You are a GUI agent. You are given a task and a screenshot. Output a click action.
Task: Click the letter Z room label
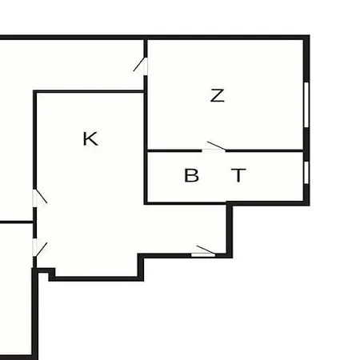coord(218,96)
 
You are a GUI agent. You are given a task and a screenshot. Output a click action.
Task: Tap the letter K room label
coord(90,138)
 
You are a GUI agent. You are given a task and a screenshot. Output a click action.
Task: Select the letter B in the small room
coord(191,175)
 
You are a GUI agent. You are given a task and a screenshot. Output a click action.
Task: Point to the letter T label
coord(238,175)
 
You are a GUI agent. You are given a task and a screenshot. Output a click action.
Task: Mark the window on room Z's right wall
coord(306,105)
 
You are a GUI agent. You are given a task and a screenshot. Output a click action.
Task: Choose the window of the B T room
coord(306,172)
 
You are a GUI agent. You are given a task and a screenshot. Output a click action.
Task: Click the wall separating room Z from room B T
coord(226,151)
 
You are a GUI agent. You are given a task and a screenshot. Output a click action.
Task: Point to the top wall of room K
coord(90,92)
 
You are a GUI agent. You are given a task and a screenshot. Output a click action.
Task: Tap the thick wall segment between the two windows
coord(306,144)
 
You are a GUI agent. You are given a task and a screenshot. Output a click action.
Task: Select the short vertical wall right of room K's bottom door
coord(230,230)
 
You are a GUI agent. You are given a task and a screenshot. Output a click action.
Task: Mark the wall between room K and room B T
coord(146,176)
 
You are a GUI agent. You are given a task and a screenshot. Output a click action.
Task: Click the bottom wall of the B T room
coord(226,203)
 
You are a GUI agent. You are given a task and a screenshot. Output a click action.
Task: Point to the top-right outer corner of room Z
coord(310,35)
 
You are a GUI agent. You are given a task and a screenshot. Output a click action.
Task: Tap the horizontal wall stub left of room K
coord(16,222)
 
